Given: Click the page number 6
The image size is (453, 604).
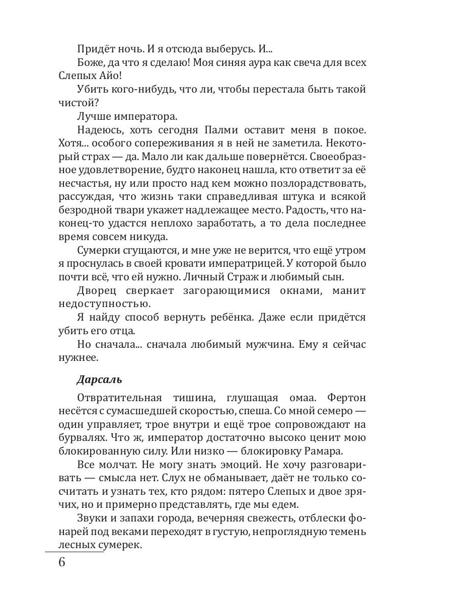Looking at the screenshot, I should click(62, 562).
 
